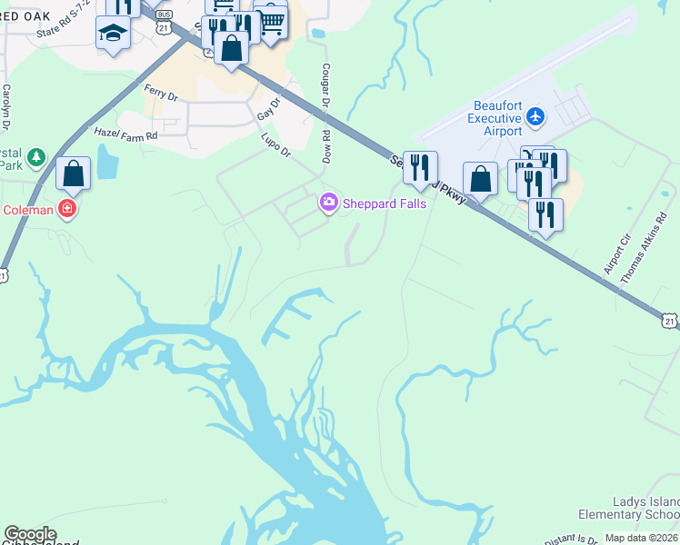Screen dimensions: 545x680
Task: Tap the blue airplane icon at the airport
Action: [535, 116]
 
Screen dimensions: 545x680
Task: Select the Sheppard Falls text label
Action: [384, 203]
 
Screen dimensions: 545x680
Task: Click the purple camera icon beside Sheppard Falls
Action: [328, 203]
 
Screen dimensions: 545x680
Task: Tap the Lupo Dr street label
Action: [275, 143]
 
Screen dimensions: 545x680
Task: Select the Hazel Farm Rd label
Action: [126, 134]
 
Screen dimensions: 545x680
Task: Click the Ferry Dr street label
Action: [160, 91]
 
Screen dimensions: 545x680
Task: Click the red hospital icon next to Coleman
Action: [66, 210]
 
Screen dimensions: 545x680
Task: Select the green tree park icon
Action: [37, 157]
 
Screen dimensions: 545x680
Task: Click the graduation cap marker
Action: [113, 33]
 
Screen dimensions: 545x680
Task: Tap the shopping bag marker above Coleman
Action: [73, 173]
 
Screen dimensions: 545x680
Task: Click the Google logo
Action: [30, 534]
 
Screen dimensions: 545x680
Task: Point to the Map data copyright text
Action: [642, 538]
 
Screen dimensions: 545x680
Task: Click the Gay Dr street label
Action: [266, 112]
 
